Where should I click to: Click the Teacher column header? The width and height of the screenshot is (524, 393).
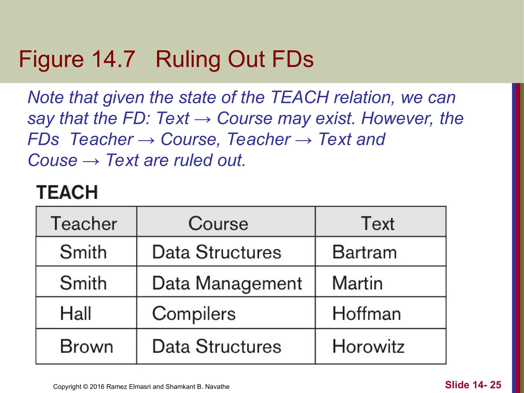pos(84,223)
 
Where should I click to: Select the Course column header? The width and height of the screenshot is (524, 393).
pos(218,223)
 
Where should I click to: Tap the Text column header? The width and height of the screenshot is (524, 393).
pos(378,223)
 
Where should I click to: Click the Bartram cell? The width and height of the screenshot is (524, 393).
pos(364,252)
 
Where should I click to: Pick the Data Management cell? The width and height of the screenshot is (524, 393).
pos(227,283)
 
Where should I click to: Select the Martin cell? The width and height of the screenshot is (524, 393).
pos(357,283)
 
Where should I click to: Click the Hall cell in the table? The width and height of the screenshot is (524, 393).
pos(75,313)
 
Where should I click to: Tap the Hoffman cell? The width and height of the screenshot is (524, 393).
pos(366,314)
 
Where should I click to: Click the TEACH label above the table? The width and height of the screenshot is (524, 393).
pos(67,192)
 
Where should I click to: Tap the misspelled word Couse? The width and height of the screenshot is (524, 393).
pos(52,160)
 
